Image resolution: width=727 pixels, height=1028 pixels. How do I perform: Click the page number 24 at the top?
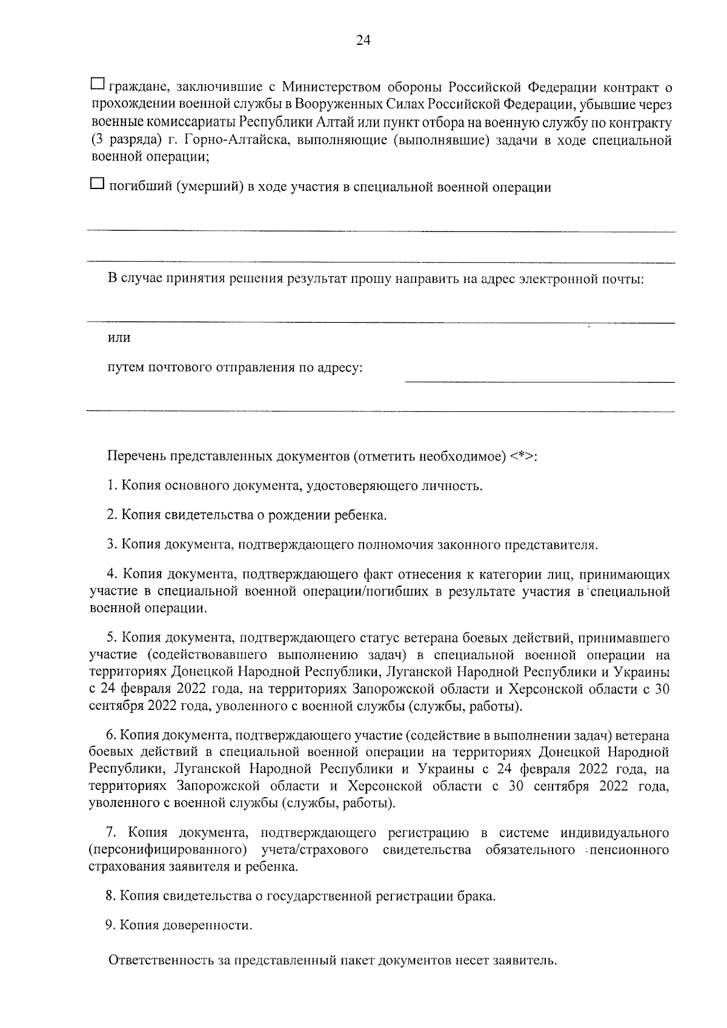[x=363, y=41]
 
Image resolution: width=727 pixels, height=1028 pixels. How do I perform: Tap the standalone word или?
[x=119, y=338]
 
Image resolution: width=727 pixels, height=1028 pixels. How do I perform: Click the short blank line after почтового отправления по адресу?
[x=539, y=381]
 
